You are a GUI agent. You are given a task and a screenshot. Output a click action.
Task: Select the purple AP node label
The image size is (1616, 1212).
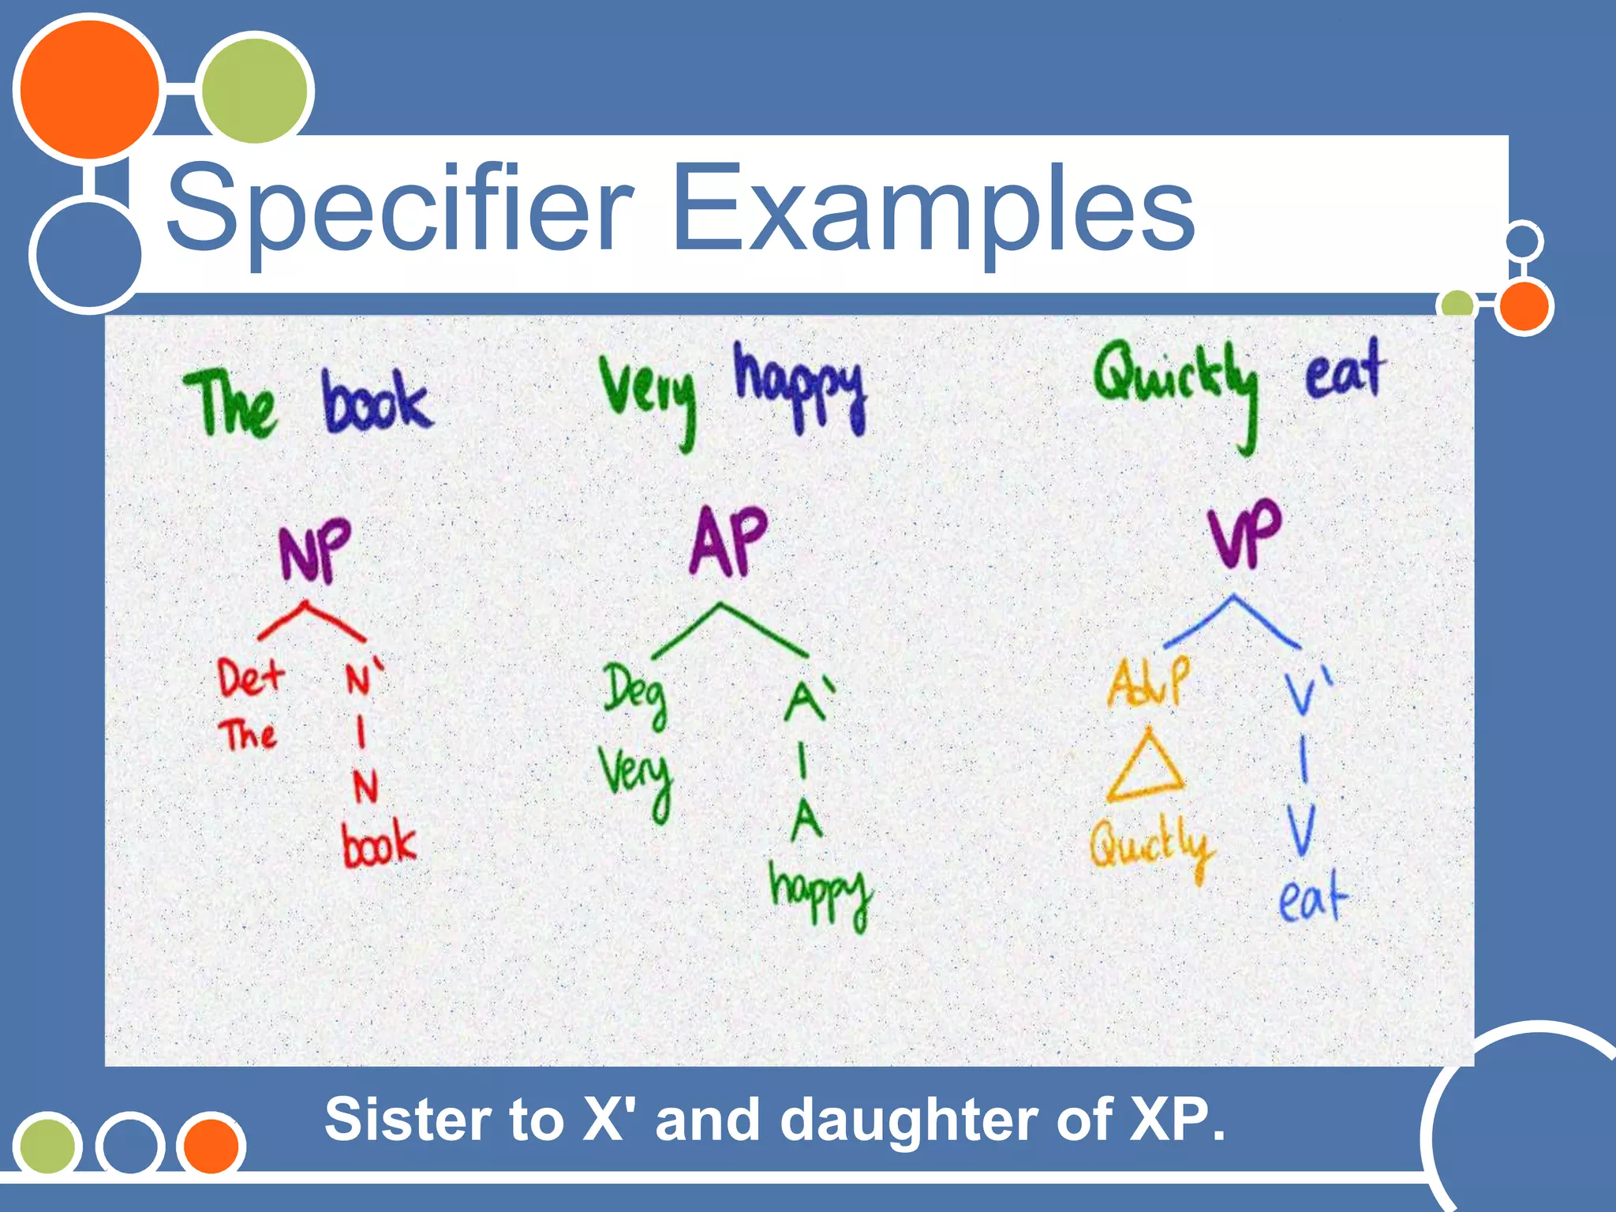[x=728, y=541]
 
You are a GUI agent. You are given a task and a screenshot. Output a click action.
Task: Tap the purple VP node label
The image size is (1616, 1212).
[x=1244, y=533]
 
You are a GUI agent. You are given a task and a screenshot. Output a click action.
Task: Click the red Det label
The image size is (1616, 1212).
[x=249, y=679]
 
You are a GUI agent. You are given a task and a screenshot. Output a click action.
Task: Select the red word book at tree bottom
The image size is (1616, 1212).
[x=378, y=844]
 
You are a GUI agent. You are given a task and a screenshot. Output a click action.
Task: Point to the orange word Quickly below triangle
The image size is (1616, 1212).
[x=1150, y=848]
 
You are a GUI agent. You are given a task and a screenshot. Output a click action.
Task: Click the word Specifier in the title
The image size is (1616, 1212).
[x=398, y=208]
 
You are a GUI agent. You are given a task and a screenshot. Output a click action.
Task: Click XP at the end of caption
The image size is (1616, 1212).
[x=1176, y=1120]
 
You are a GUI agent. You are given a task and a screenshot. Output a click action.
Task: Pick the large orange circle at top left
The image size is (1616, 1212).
[x=88, y=89]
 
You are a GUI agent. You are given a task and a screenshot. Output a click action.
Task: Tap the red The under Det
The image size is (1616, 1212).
[x=247, y=735]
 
